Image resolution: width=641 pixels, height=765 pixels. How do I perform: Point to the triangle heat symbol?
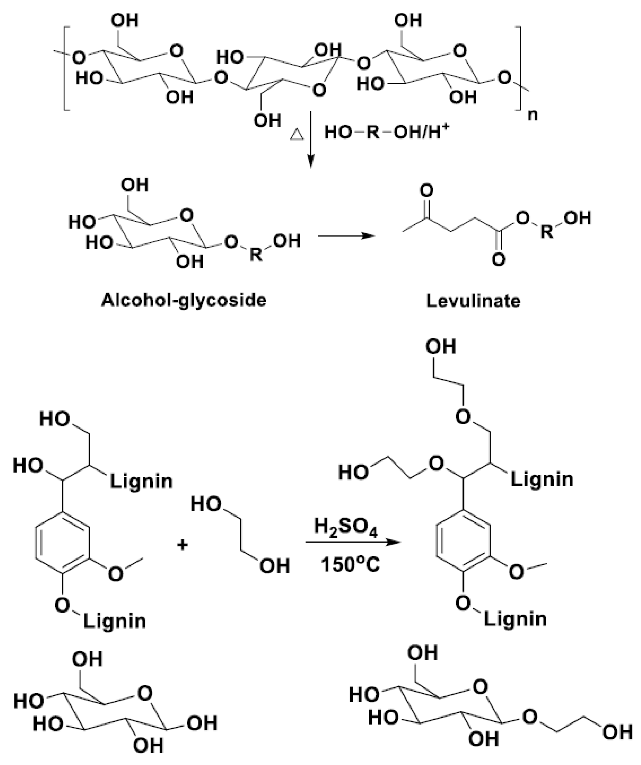[x=297, y=135]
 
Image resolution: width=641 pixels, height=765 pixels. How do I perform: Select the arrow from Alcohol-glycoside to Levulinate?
[x=346, y=236]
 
